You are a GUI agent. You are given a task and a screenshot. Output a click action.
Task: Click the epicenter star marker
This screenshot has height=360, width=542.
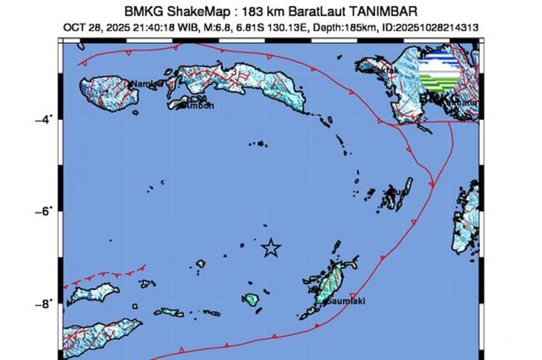pos(270,248)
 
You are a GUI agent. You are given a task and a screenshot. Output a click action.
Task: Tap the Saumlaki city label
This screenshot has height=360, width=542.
pos(344,301)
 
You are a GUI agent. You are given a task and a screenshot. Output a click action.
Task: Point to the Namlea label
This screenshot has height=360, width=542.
pos(146,84)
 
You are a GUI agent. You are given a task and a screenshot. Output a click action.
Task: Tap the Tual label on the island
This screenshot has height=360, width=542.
pos(398,192)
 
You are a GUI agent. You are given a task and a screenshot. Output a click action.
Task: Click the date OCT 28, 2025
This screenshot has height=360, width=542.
pos(99,28)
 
